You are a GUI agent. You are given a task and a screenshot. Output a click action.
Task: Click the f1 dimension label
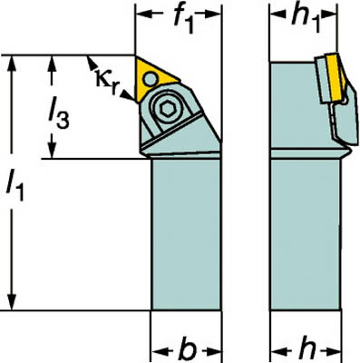click(183, 21)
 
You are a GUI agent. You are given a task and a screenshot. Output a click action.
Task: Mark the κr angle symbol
click(106, 80)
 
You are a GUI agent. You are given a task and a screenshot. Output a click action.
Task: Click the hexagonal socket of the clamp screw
click(167, 109)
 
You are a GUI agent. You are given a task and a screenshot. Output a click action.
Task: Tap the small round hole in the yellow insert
click(151, 80)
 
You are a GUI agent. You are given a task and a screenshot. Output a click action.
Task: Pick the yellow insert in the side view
click(336, 77)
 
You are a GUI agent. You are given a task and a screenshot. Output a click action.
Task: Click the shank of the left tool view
click(186, 234)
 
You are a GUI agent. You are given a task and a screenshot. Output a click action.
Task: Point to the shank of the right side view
click(306, 234)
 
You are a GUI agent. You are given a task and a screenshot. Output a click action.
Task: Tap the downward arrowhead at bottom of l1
click(12, 302)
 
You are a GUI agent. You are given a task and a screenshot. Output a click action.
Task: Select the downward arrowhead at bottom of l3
click(53, 151)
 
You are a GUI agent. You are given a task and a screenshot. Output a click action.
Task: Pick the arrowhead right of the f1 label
click(213, 14)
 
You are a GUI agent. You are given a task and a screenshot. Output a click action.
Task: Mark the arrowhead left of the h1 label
click(277, 14)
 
